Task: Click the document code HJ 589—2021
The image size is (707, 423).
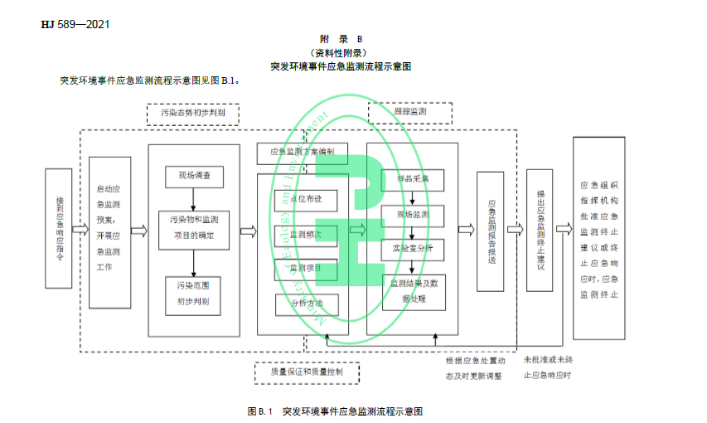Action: (75, 23)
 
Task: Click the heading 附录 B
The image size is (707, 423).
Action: (341, 39)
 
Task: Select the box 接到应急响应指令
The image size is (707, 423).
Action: (58, 229)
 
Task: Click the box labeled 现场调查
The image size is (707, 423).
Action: (194, 176)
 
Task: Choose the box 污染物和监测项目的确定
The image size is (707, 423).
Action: (194, 228)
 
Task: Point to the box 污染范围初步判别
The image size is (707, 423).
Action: (193, 294)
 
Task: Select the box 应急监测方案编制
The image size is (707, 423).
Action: (302, 152)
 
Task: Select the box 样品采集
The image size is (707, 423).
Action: (412, 180)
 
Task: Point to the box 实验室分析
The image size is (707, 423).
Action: (412, 249)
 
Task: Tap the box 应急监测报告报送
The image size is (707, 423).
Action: (491, 231)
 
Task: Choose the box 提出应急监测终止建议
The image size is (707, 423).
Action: (540, 230)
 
